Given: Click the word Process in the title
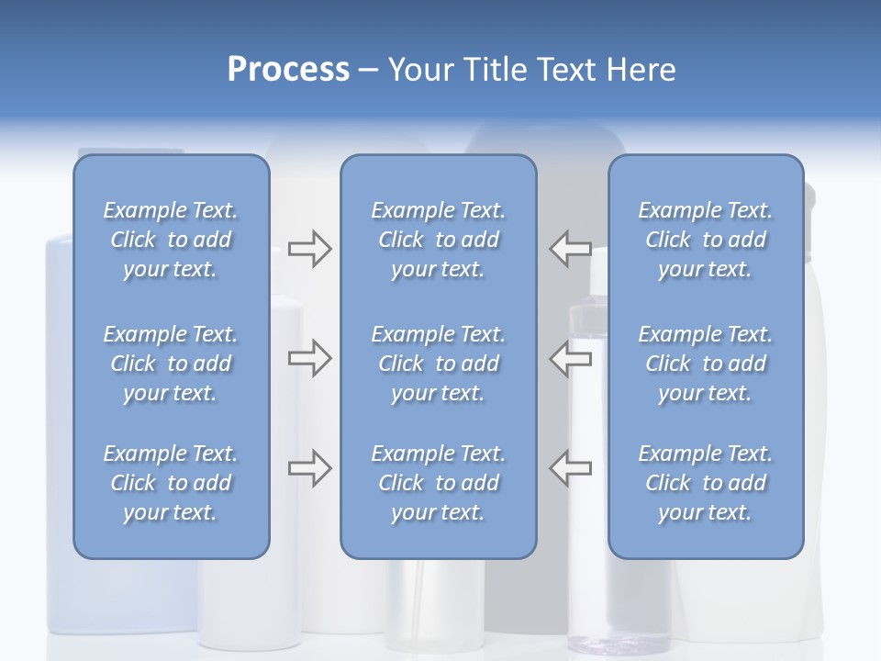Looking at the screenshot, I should tap(287, 69).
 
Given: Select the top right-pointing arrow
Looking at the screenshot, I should tap(309, 249).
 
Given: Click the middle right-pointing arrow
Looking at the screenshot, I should tap(309, 358).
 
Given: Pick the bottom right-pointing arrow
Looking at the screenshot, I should tap(309, 468).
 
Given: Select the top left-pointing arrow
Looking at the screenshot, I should tap(571, 249).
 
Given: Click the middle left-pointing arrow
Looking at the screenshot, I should tap(571, 358).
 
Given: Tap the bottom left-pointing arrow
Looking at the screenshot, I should tap(571, 468).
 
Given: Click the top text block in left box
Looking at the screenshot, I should tap(171, 240).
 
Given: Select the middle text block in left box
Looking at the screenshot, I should tap(171, 364).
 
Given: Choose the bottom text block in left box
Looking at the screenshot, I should tap(171, 483).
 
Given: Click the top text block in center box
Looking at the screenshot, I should tap(438, 240).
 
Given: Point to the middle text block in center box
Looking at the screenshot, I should tap(438, 364).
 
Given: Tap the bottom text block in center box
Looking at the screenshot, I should tap(438, 483).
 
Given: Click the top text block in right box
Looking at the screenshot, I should tap(705, 240).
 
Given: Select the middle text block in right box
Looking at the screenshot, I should tap(705, 364).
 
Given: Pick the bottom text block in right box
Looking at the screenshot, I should tap(705, 483).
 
